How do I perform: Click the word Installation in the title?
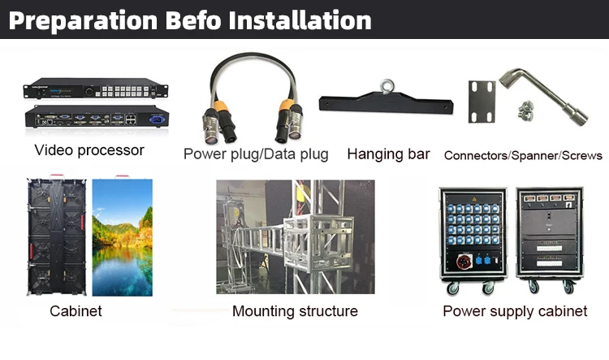point(300,20)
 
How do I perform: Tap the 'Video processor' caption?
point(89,150)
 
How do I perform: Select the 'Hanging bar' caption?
point(388,154)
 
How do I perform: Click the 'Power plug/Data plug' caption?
point(256,154)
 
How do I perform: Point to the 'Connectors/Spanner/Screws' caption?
point(523,155)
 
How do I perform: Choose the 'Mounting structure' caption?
point(295,311)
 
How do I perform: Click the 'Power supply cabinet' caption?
point(515,311)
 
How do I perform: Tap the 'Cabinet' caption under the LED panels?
point(76,311)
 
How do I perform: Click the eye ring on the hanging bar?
point(387,86)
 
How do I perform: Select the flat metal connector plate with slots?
point(482,102)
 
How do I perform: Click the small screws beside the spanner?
point(525,109)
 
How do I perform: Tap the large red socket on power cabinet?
point(464,262)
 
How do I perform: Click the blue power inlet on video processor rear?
point(158,119)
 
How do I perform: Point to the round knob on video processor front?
point(89,92)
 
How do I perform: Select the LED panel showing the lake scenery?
point(123,237)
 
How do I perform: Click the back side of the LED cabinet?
point(57,236)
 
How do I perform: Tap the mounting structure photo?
point(296,236)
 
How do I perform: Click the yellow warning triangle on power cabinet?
point(474,199)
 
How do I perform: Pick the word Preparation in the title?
point(83,21)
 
